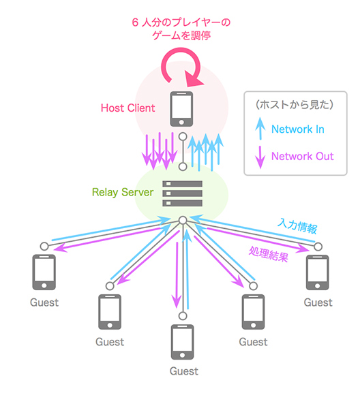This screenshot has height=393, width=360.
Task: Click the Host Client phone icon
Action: [181, 108]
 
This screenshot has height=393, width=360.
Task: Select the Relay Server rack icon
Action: [182, 194]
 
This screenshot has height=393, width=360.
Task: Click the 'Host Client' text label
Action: [127, 108]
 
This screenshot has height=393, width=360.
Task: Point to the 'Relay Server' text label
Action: [123, 193]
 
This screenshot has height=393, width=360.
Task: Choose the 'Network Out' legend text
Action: [302, 156]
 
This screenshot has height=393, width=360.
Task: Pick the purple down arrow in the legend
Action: [259, 157]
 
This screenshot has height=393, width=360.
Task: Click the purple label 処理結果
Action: [269, 255]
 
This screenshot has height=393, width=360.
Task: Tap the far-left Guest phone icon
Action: [44, 273]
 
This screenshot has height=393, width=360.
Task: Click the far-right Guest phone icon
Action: [318, 273]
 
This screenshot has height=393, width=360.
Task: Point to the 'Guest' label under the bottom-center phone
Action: [183, 371]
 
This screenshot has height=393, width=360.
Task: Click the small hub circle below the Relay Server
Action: [182, 220]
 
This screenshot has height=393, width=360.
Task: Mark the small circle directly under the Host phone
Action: [182, 136]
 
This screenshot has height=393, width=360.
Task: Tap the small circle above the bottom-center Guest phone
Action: [182, 315]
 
